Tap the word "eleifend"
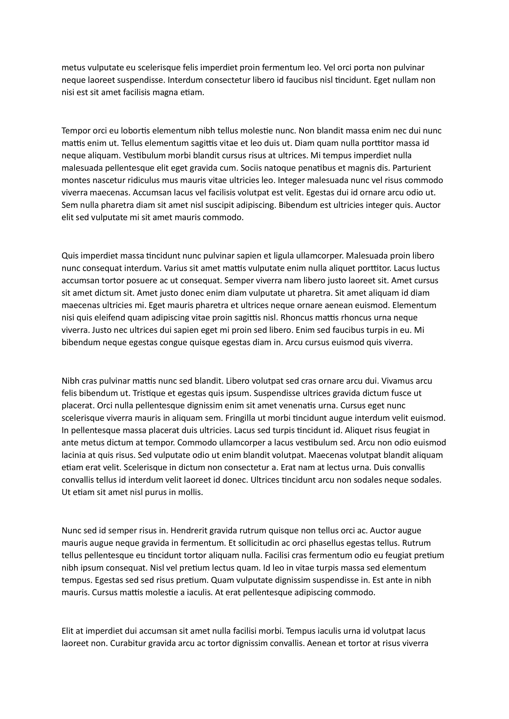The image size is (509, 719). (110, 318)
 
